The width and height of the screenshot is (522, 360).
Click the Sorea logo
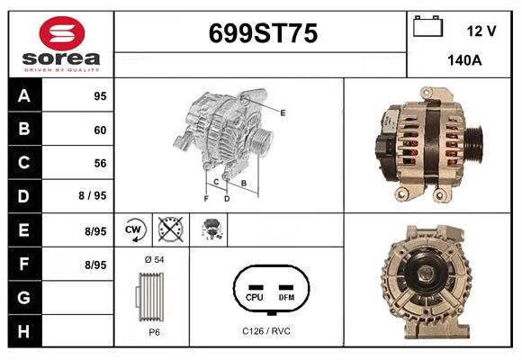click(60, 43)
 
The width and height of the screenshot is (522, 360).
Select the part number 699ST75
click(263, 33)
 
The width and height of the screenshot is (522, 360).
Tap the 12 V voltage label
click(481, 31)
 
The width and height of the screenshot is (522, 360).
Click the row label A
click(24, 96)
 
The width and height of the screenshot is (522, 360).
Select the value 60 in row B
click(99, 130)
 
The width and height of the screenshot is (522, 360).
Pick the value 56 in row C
click(99, 163)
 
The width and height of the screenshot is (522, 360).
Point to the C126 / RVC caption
click(267, 331)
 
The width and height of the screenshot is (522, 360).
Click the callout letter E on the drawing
click(283, 112)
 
